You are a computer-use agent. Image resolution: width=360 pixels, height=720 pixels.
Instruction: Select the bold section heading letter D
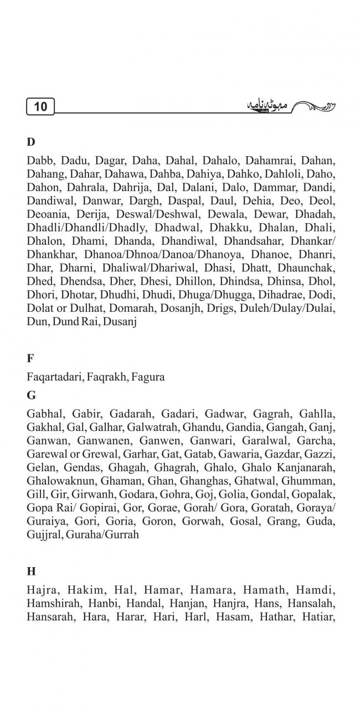click(x=30, y=142)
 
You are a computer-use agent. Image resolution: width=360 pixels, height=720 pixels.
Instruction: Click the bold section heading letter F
click(x=30, y=358)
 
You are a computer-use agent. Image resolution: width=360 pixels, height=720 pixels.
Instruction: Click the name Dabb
click(x=38, y=161)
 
